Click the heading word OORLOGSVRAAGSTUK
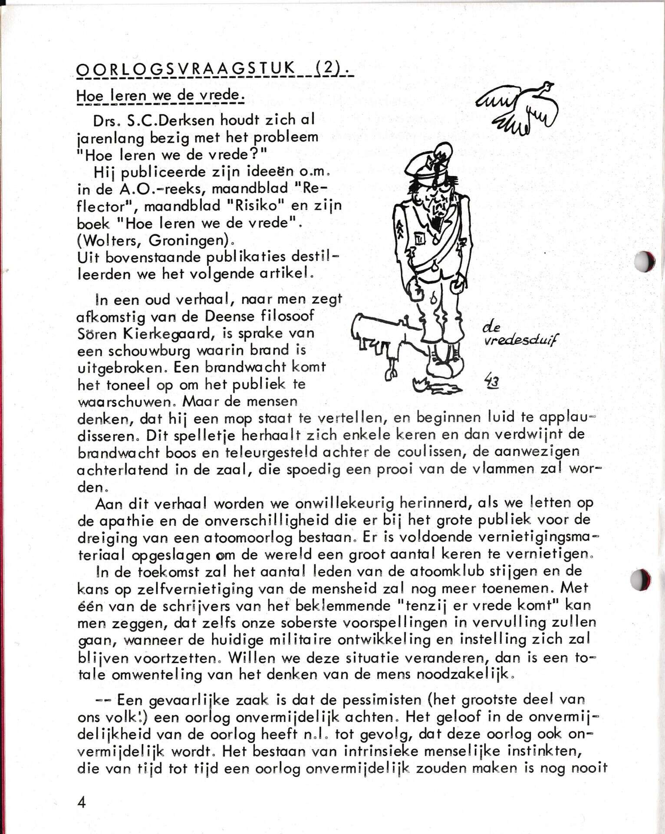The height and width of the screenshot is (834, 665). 185,69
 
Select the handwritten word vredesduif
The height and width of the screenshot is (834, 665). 521,341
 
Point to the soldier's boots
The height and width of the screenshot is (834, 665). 444,366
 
